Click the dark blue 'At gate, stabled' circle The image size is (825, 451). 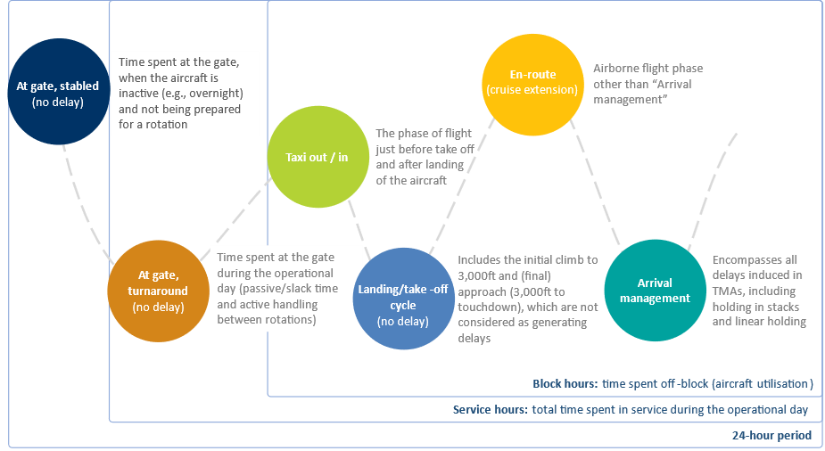tap(58, 92)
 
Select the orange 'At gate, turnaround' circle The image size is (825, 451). tap(159, 291)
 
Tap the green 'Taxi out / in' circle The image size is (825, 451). tap(318, 157)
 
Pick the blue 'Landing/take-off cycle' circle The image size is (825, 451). tap(403, 299)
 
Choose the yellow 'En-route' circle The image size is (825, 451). tap(533, 85)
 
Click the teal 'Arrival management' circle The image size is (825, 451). tap(655, 291)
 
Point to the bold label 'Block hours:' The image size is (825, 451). tap(565, 384)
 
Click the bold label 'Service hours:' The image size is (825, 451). tap(491, 409)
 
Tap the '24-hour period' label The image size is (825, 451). tap(771, 435)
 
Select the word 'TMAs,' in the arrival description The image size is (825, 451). tap(728, 291)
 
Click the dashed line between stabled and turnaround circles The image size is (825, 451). tap(87, 205)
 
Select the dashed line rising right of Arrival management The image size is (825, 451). tap(713, 192)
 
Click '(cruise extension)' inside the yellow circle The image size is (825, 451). tap(532, 90)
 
